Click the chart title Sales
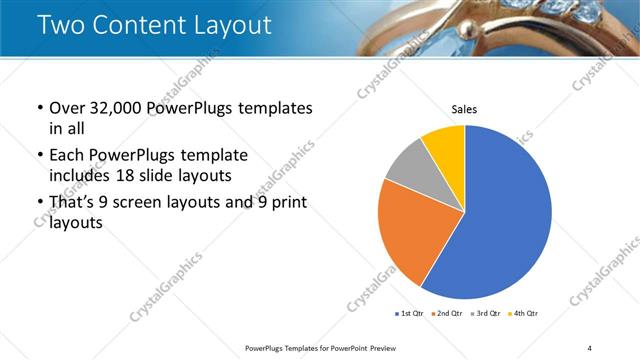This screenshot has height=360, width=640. (x=464, y=109)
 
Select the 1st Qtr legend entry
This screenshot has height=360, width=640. (x=410, y=314)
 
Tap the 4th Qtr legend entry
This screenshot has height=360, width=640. (x=524, y=314)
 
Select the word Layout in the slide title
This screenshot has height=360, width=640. (x=225, y=25)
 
